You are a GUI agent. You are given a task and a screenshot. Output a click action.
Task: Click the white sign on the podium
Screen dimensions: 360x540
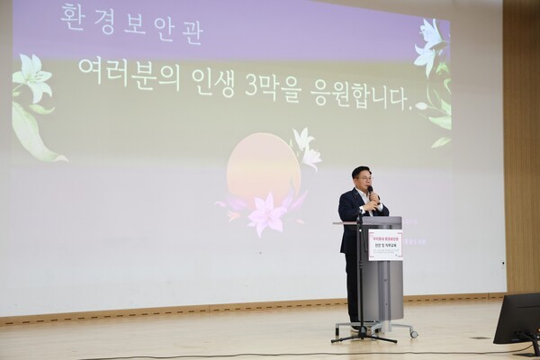pos(384,245)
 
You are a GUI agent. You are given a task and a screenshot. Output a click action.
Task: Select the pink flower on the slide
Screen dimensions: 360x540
pos(266,213)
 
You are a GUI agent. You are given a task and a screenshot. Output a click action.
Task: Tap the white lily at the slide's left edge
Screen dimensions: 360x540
pos(32,78)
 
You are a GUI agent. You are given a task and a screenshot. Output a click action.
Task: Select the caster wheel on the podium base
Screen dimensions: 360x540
pos(413,334)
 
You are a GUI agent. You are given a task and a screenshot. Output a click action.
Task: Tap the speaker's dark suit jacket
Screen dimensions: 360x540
pos(352,220)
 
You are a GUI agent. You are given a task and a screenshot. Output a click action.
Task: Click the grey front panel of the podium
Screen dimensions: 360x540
pos(385,288)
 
